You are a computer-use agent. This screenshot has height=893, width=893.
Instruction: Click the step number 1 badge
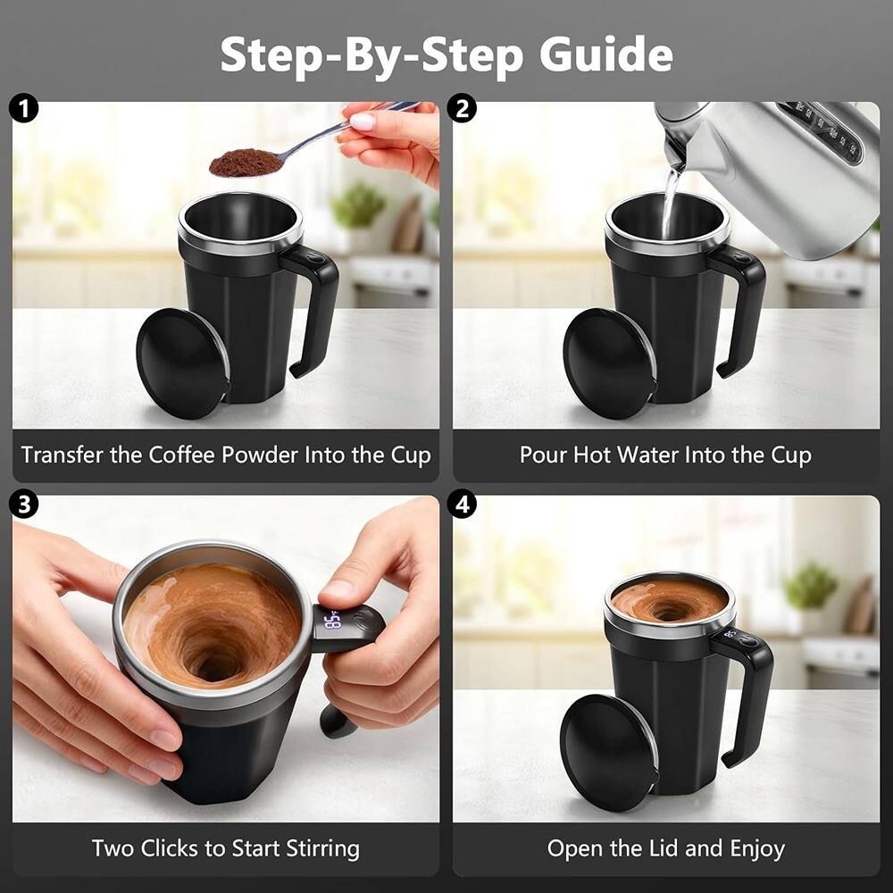click(x=24, y=110)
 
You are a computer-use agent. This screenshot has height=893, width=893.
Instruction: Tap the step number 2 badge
click(x=464, y=110)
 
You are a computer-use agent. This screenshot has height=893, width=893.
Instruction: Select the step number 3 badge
click(x=24, y=504)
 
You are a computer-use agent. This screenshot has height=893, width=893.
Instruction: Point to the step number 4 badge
click(x=464, y=504)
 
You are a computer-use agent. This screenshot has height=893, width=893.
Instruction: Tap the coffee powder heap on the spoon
click(x=246, y=163)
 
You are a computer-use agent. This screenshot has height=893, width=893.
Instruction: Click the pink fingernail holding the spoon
click(x=362, y=121)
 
